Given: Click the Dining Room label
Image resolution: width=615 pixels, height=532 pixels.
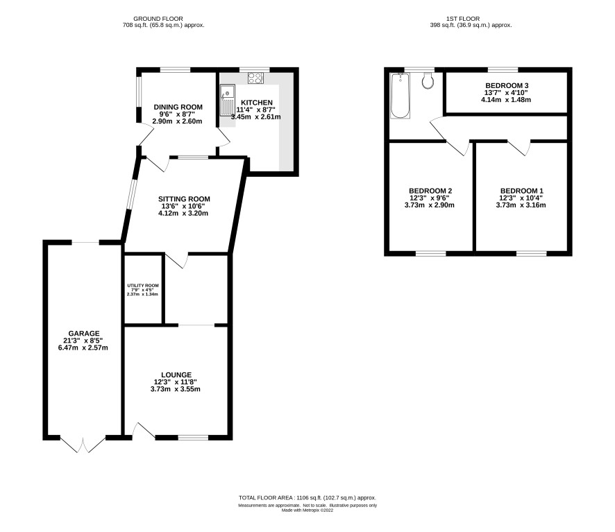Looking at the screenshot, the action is tap(178, 107).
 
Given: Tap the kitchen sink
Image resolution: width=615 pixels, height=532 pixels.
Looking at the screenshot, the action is tap(227, 101).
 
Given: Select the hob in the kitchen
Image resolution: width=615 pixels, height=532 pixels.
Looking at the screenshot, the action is tap(255, 78).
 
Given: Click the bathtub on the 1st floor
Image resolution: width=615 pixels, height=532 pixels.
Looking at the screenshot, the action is tap(400, 95).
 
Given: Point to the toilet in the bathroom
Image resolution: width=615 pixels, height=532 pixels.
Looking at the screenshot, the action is tap(428, 80).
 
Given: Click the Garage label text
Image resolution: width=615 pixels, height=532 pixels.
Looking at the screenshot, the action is tap(84, 334).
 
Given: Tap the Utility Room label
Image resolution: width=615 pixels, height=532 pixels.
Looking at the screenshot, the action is tap(143, 285).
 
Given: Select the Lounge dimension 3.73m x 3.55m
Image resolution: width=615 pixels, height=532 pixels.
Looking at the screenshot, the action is tap(176, 389).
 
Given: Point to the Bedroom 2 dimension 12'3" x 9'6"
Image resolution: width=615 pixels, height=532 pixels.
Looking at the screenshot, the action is tap(430, 198).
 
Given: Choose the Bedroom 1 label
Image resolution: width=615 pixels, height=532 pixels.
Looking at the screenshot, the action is tap(522, 191).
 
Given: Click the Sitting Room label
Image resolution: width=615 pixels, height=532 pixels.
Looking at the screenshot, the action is tap(184, 199).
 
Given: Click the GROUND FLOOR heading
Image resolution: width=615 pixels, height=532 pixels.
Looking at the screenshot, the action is tap(158, 19).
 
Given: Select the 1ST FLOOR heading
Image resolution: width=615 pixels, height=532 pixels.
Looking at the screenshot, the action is tap(463, 19).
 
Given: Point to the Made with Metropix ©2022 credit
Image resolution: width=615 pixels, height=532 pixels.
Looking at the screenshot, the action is tap(307, 510).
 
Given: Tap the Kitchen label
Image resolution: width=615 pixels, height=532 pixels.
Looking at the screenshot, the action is tap(257, 103).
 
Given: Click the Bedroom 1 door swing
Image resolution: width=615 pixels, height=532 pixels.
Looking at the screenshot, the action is tap(519, 148).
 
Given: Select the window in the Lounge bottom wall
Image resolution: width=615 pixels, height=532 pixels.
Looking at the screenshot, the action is tap(194, 437).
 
